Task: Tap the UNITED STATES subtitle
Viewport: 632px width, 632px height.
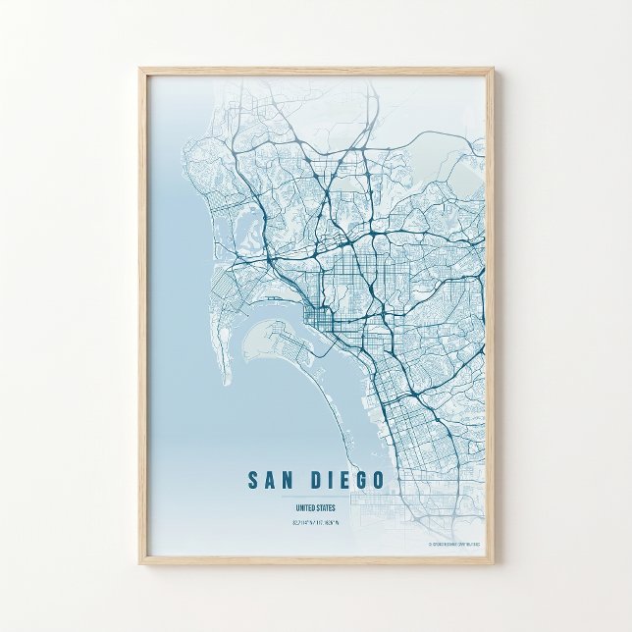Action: (x=314, y=507)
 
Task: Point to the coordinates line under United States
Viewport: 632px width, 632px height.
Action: (x=314, y=522)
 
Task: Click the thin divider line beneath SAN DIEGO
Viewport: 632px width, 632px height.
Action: (x=314, y=496)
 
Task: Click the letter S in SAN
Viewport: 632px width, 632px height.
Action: (x=253, y=480)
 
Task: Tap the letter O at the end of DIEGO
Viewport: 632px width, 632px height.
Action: (x=379, y=480)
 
